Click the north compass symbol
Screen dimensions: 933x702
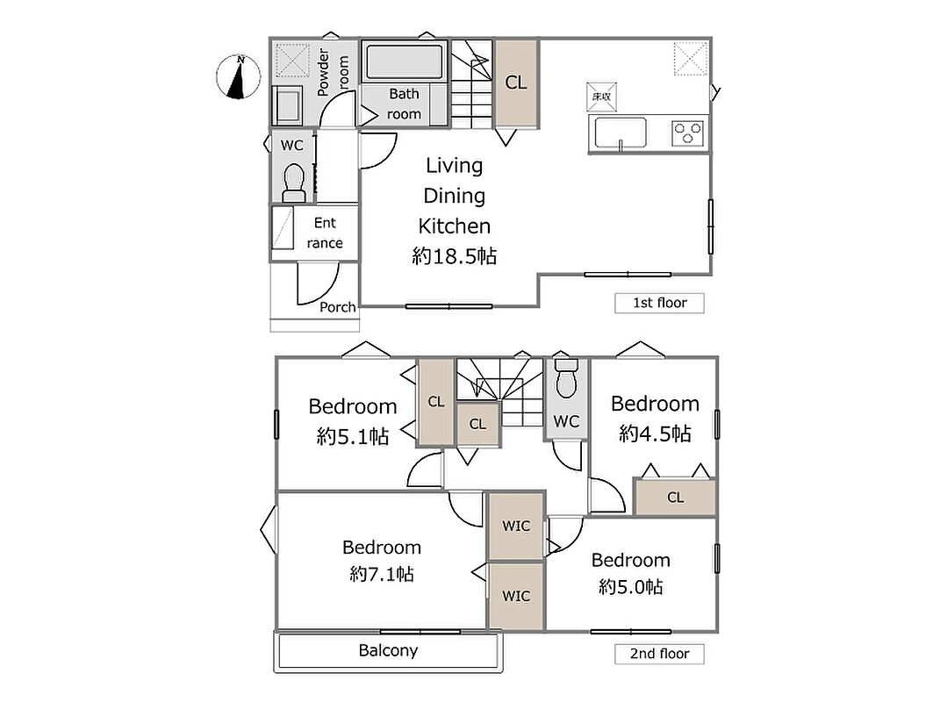[239, 76]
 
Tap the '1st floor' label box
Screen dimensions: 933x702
[659, 303]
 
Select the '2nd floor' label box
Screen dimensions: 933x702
[659, 654]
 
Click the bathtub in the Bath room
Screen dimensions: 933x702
[404, 61]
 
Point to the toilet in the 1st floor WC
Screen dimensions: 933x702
[293, 183]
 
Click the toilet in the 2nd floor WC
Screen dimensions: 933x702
[565, 378]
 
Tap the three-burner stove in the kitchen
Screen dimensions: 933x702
[688, 133]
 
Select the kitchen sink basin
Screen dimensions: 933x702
[621, 133]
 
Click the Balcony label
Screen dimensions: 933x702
[388, 650]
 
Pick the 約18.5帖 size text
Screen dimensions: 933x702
[455, 256]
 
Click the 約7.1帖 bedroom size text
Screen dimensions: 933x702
[382, 574]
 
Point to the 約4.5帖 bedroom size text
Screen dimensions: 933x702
[655, 433]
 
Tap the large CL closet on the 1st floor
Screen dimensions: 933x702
[516, 82]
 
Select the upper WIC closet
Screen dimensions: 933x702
[516, 526]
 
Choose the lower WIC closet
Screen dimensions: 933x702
[516, 596]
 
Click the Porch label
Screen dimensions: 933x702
[337, 307]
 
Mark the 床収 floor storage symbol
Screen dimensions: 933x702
[601, 97]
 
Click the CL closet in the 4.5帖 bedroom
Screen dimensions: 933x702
[675, 497]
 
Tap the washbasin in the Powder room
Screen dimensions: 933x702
[288, 105]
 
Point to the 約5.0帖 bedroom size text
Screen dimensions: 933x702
[631, 587]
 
